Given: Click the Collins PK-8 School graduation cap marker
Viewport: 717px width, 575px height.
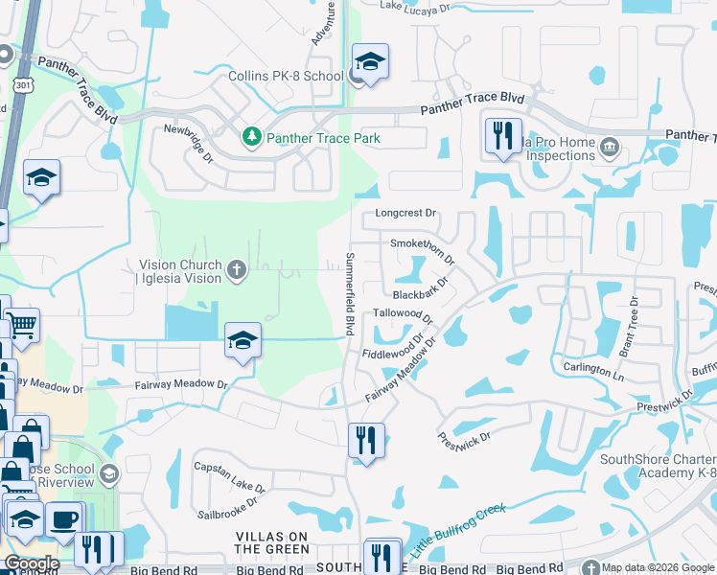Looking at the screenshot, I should (369, 62).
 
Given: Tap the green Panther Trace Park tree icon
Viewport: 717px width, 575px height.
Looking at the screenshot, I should (251, 138).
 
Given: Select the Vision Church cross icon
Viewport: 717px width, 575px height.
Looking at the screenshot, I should (236, 270).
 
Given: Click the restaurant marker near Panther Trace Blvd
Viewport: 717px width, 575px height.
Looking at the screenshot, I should (503, 135).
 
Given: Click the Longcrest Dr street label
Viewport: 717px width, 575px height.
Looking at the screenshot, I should (405, 213).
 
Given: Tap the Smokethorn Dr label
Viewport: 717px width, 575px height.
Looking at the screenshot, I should (422, 250).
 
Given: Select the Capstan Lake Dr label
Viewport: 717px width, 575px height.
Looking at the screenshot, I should (227, 468).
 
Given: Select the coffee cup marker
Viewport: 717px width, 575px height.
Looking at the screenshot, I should (64, 520).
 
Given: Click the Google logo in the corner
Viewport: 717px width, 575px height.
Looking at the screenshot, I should (32, 563).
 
